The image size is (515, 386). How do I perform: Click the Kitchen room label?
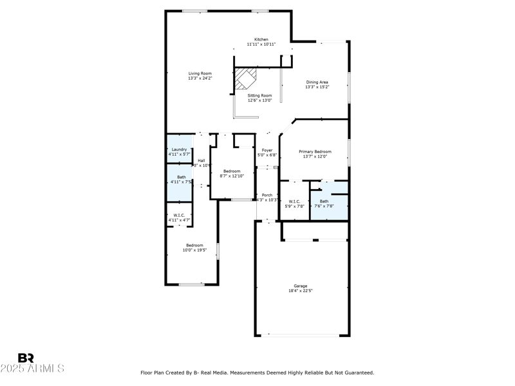[261, 39]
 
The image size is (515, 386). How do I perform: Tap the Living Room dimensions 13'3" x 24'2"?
[200, 78]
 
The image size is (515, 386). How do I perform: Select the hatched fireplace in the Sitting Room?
[244, 80]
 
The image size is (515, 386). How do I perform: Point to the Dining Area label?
[317, 82]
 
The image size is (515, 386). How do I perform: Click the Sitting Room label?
[260, 95]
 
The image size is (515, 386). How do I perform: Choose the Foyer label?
[267, 150]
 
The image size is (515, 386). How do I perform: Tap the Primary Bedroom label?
[315, 151]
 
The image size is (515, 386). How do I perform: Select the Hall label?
[201, 160]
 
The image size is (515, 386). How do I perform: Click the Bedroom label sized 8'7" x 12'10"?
[231, 171]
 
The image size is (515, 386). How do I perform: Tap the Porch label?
[267, 195]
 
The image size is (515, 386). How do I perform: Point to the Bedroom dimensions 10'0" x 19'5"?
[195, 250]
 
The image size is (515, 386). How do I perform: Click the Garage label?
[301, 286]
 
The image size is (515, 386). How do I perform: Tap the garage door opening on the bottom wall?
[303, 335]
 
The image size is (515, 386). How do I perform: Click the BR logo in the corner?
[26, 358]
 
